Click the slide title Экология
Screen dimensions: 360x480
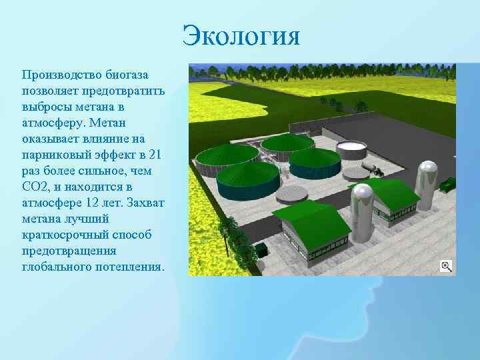(x=242, y=35)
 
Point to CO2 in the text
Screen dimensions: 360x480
(x=36, y=187)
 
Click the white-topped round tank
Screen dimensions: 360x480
(x=352, y=148)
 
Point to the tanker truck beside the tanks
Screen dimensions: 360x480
(x=373, y=167)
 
